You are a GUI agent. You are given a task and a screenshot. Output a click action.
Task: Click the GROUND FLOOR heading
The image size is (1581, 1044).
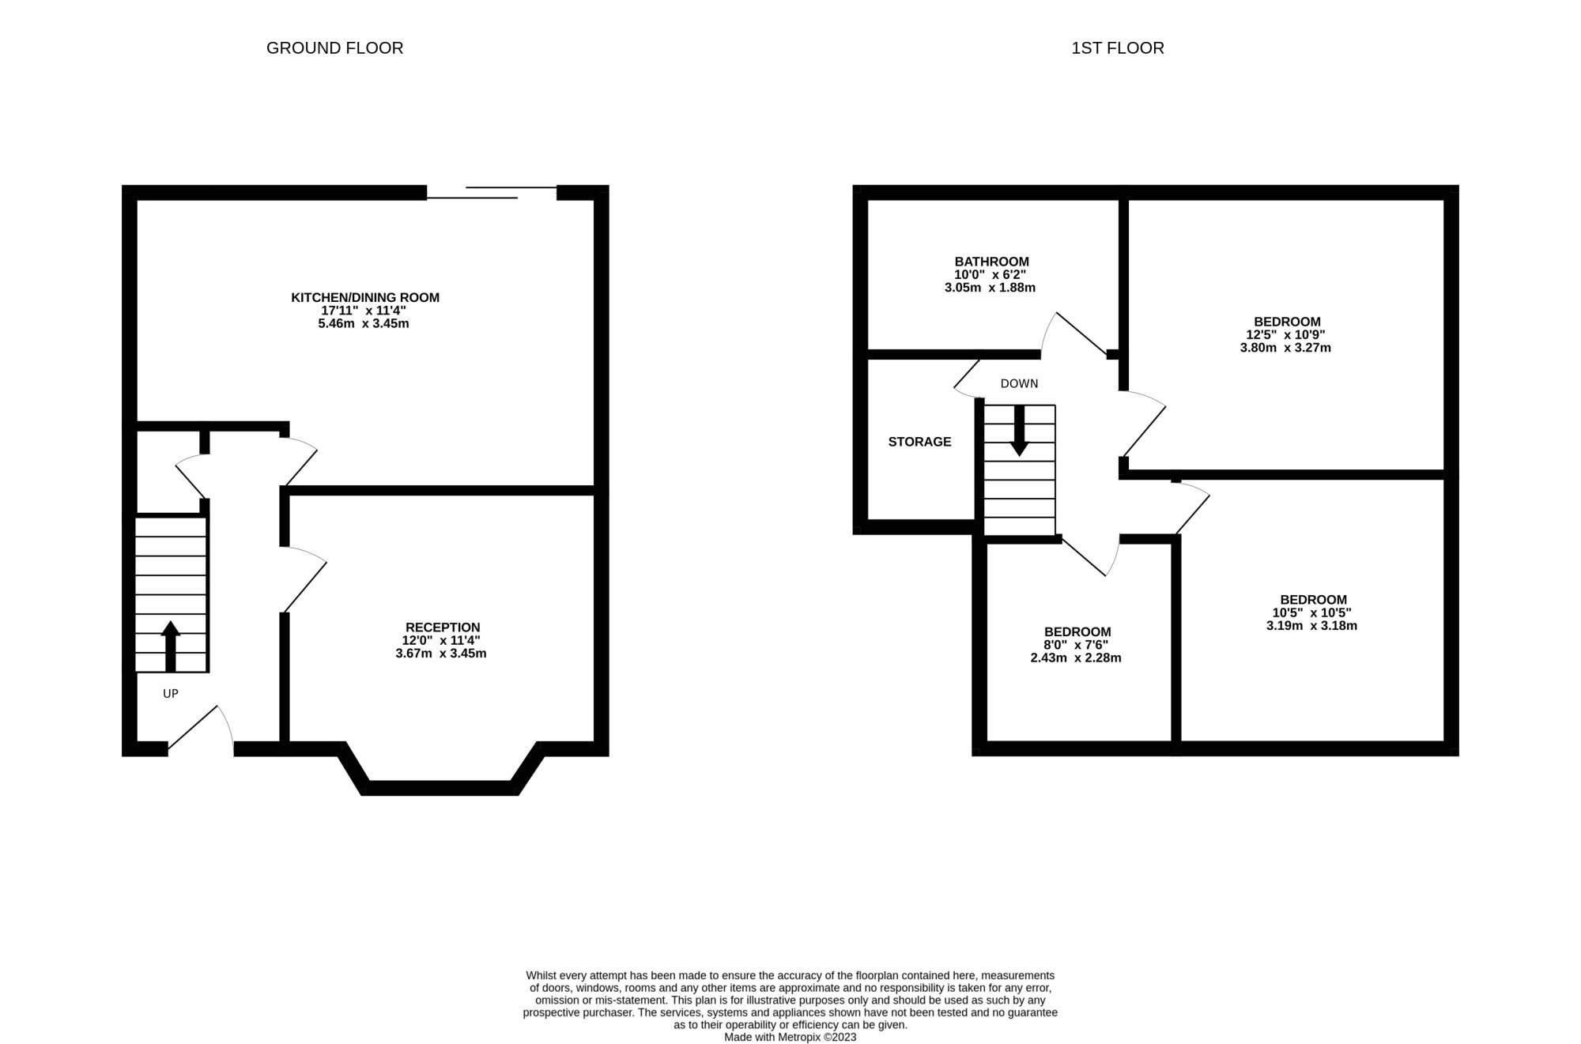tap(334, 48)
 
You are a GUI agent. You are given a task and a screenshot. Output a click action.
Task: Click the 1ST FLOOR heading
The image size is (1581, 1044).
tap(1117, 48)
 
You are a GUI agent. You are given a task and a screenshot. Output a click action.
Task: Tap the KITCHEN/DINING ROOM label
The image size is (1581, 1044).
tap(364, 297)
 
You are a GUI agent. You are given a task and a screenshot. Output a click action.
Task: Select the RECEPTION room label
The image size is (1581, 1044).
tap(442, 628)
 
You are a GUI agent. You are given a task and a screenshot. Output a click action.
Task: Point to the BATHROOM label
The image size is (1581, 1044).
tap(991, 262)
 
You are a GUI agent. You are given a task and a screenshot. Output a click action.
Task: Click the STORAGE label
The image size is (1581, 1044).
tap(919, 442)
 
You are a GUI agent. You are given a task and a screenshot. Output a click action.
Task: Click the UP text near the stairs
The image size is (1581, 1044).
tap(171, 694)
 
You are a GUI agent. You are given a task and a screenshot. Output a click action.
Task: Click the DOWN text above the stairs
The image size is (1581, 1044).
tap(1019, 384)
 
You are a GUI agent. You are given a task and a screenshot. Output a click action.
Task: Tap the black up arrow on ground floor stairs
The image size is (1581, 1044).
tap(171, 645)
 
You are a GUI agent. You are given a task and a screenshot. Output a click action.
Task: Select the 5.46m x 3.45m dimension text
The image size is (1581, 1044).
tap(364, 323)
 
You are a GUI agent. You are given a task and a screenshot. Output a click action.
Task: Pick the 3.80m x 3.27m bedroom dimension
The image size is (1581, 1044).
tap(1285, 348)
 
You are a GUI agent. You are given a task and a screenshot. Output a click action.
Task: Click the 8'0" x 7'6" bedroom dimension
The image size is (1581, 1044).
tap(1076, 645)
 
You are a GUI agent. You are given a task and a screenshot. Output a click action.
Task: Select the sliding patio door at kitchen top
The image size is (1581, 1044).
tap(492, 192)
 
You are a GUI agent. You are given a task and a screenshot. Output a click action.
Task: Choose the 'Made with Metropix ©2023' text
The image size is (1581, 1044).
tap(790, 1037)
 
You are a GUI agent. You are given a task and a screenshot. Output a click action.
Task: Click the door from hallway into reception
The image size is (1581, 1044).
tap(304, 579)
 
